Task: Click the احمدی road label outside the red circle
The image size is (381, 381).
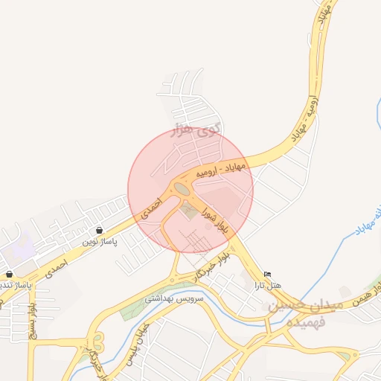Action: click(55, 269)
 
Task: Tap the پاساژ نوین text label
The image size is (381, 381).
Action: click(100, 242)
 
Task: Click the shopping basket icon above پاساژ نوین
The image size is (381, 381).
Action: click(100, 231)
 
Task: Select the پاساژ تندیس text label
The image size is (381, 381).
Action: click(15, 285)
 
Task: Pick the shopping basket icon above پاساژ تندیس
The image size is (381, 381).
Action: click(9, 275)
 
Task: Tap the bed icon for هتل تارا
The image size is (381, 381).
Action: click(268, 275)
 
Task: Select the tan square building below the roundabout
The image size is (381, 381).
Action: click(189, 211)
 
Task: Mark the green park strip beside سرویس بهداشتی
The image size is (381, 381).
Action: click(134, 307)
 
